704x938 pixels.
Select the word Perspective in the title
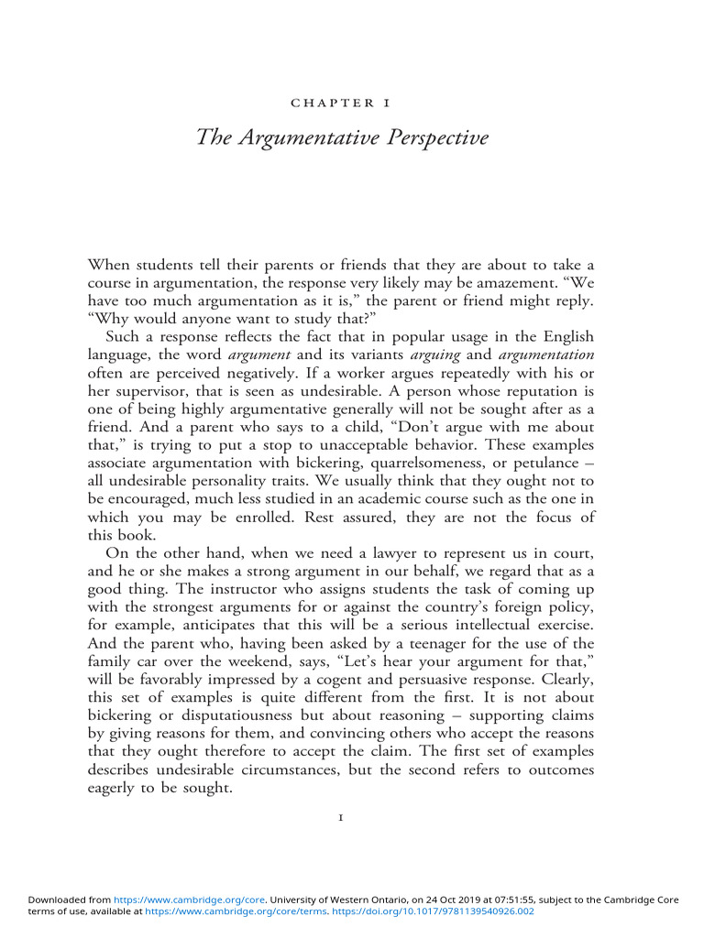[438, 138]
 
